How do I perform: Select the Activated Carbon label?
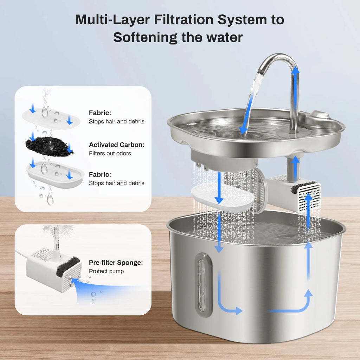[x=116, y=145]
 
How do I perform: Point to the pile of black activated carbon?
[x=49, y=146]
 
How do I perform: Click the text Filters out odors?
[x=110, y=153]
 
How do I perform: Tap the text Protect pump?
[x=106, y=271]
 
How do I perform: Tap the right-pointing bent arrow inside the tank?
[x=229, y=299]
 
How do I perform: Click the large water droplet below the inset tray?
[x=50, y=200]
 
